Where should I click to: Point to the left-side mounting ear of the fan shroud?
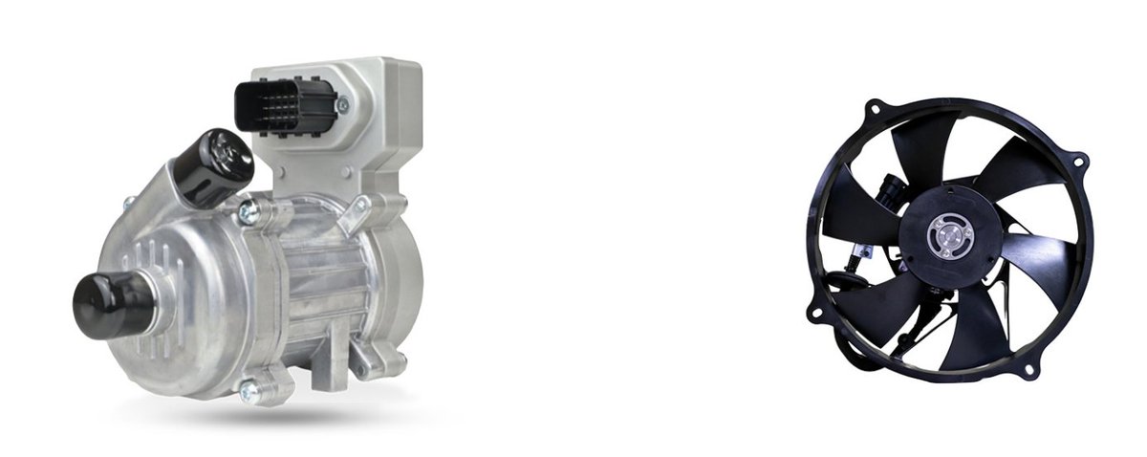point(815,311)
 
